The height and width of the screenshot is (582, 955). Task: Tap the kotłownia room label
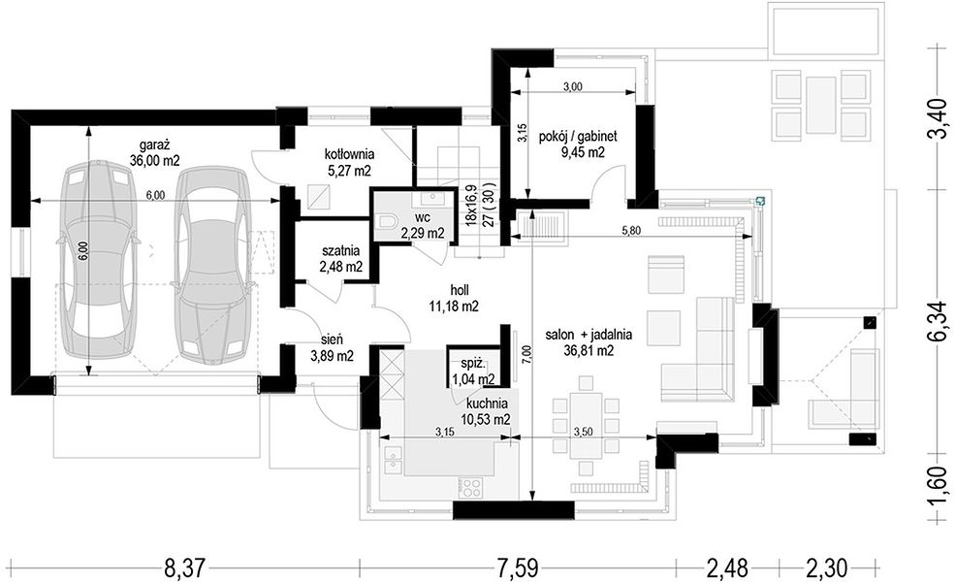(349, 153)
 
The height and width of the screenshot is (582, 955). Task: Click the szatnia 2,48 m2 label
(340, 250)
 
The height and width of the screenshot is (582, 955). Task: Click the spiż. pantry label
(472, 366)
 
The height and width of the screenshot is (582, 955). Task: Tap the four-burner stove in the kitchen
(471, 487)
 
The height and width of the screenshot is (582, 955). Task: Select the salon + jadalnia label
(589, 334)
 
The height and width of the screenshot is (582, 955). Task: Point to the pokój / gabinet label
(578, 137)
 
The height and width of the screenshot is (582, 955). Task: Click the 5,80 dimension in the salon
(630, 230)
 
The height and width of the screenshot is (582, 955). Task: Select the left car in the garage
(98, 259)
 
